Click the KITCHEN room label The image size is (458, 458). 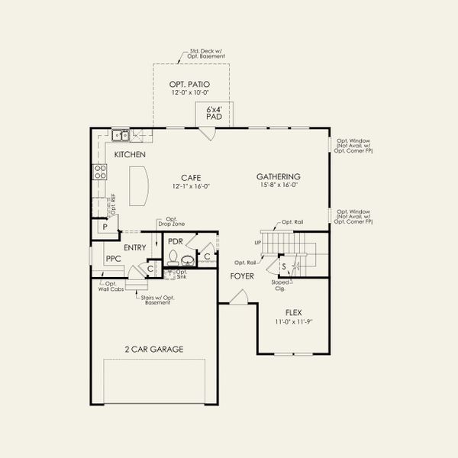point(130,155)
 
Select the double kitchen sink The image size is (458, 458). point(120,136)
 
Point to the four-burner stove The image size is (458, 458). point(98,172)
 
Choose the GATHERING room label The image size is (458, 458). point(278,176)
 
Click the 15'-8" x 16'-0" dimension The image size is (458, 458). point(278,185)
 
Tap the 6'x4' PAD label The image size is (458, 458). point(214,114)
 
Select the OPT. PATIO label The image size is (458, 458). point(189,85)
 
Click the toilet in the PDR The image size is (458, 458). point(173,256)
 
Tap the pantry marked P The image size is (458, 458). point(101,227)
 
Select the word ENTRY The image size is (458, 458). point(134,247)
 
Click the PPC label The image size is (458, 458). point(114,259)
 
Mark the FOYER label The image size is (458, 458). point(242,276)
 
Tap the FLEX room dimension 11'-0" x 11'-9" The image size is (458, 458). point(293,321)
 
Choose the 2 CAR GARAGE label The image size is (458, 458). point(154,349)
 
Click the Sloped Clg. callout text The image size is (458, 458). point(280,285)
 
